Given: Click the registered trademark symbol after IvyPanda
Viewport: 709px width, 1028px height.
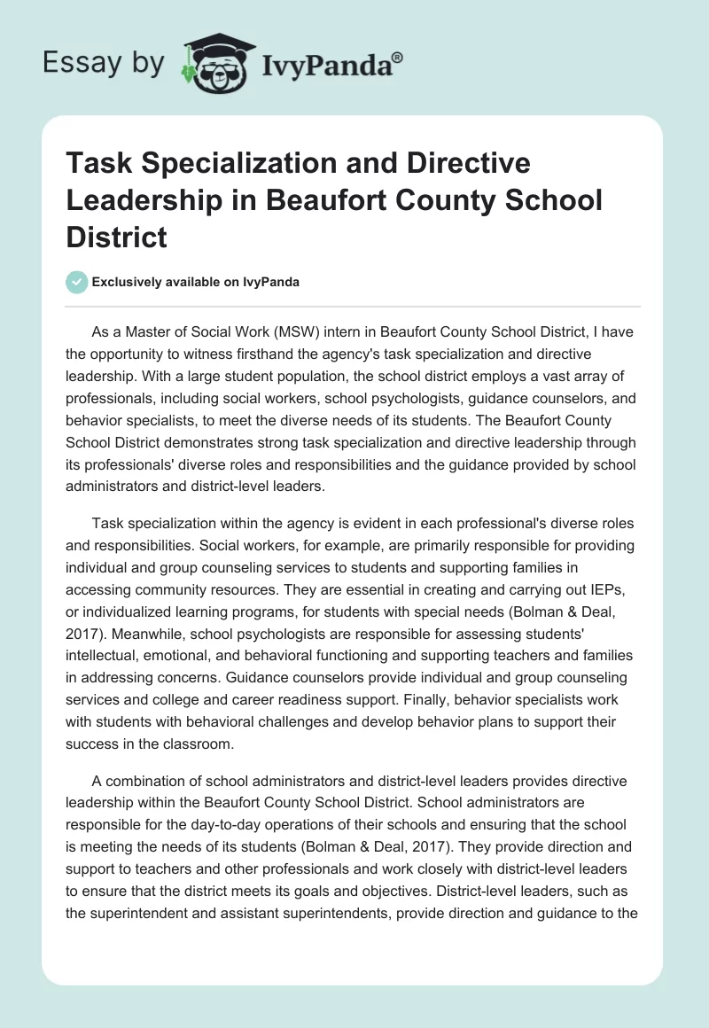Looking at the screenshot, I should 398,58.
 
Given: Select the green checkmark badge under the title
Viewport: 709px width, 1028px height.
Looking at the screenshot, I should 77,282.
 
